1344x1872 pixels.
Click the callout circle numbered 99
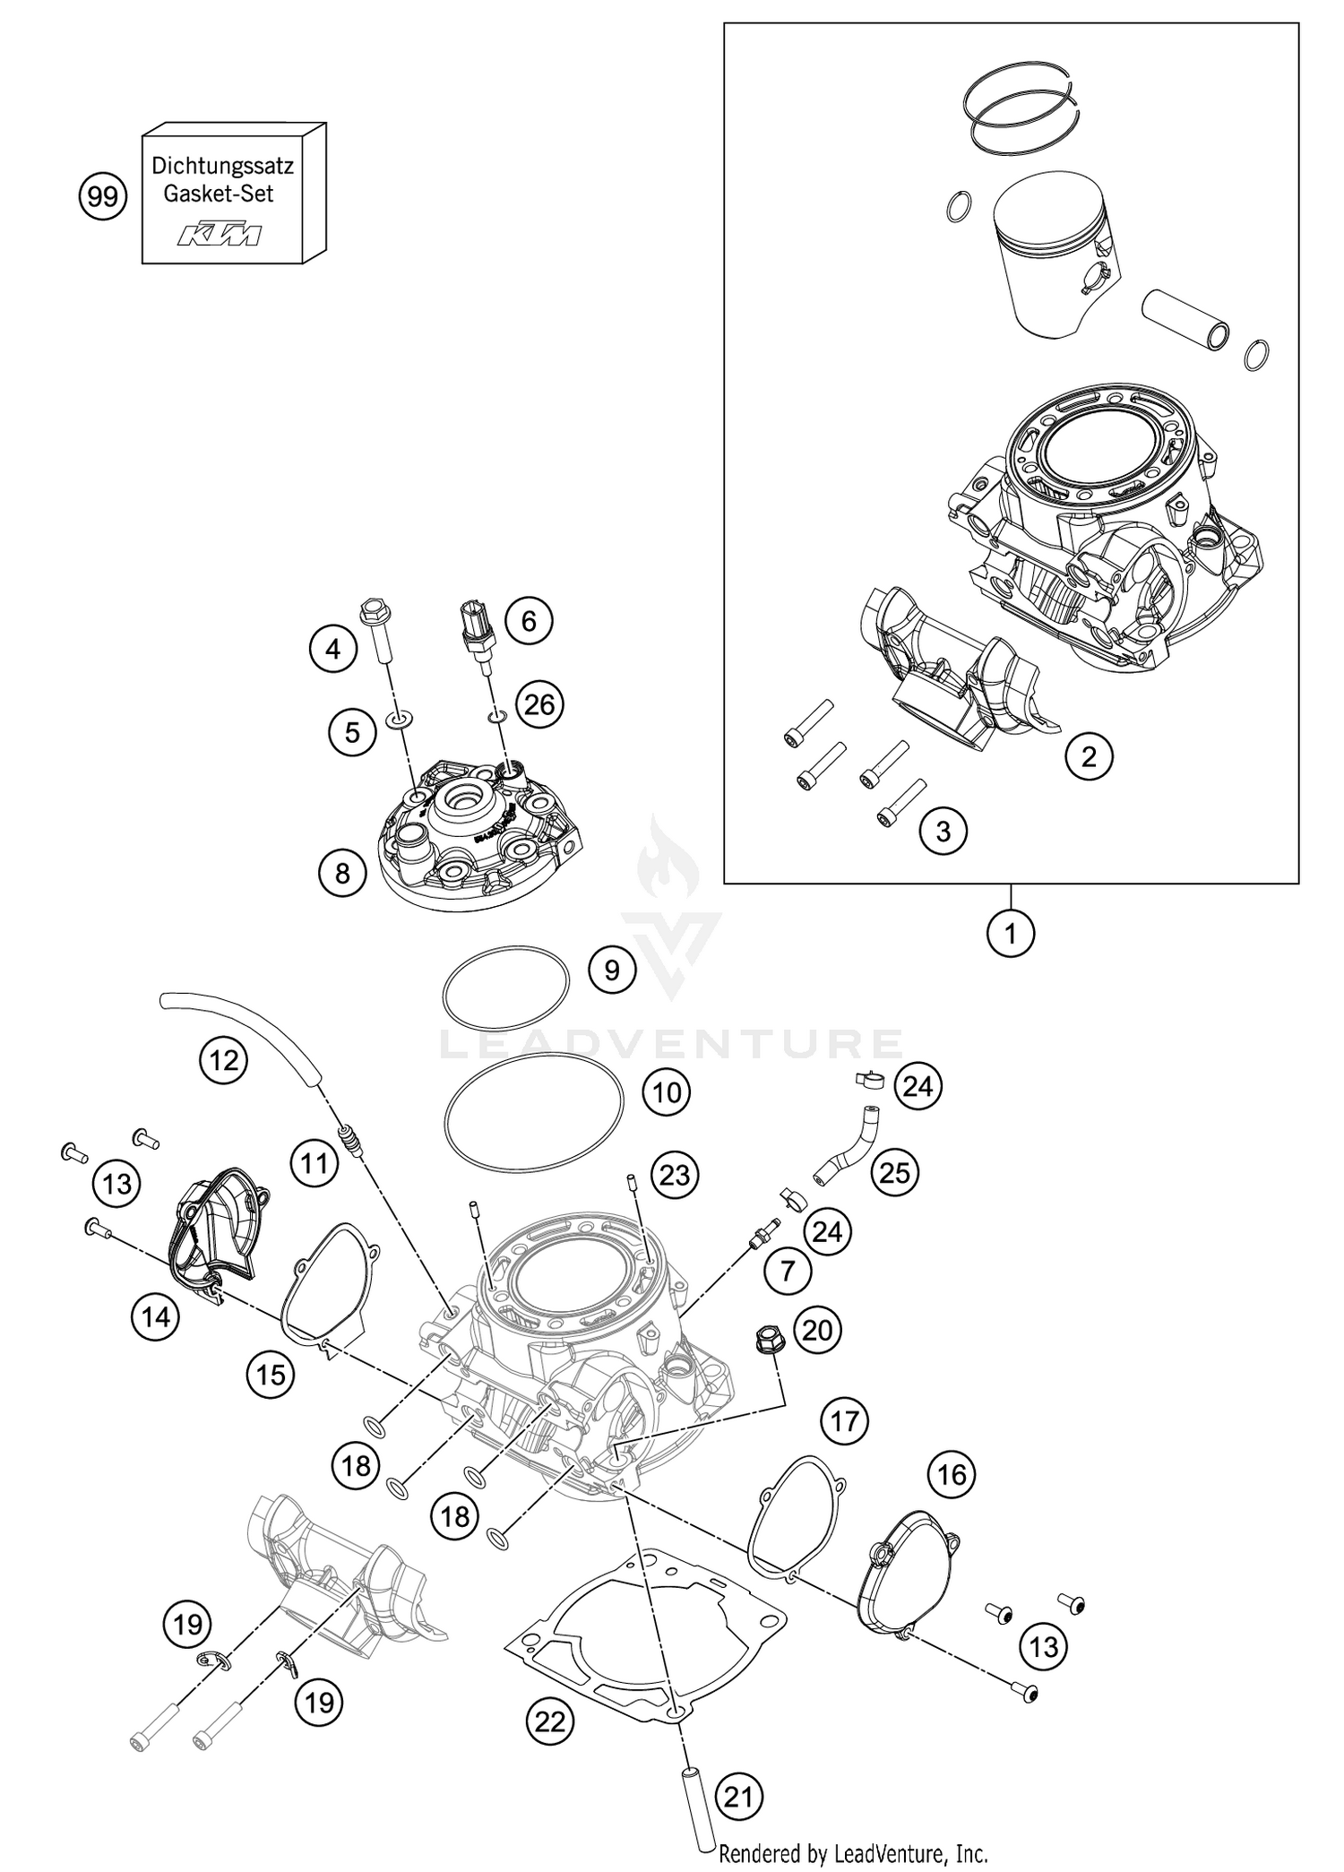103,196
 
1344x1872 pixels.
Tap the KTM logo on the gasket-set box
220,236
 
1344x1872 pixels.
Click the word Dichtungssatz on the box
222,166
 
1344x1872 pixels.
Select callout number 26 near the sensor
540,704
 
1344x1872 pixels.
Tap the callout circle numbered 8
342,872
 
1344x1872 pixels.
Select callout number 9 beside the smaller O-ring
612,971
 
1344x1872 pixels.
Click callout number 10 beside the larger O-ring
667,1092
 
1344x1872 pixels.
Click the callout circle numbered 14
156,1317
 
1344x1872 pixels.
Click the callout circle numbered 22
550,1721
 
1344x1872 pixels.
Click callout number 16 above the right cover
952,1474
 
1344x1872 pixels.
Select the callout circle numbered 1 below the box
1011,935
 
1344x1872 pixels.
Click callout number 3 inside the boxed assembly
943,831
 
